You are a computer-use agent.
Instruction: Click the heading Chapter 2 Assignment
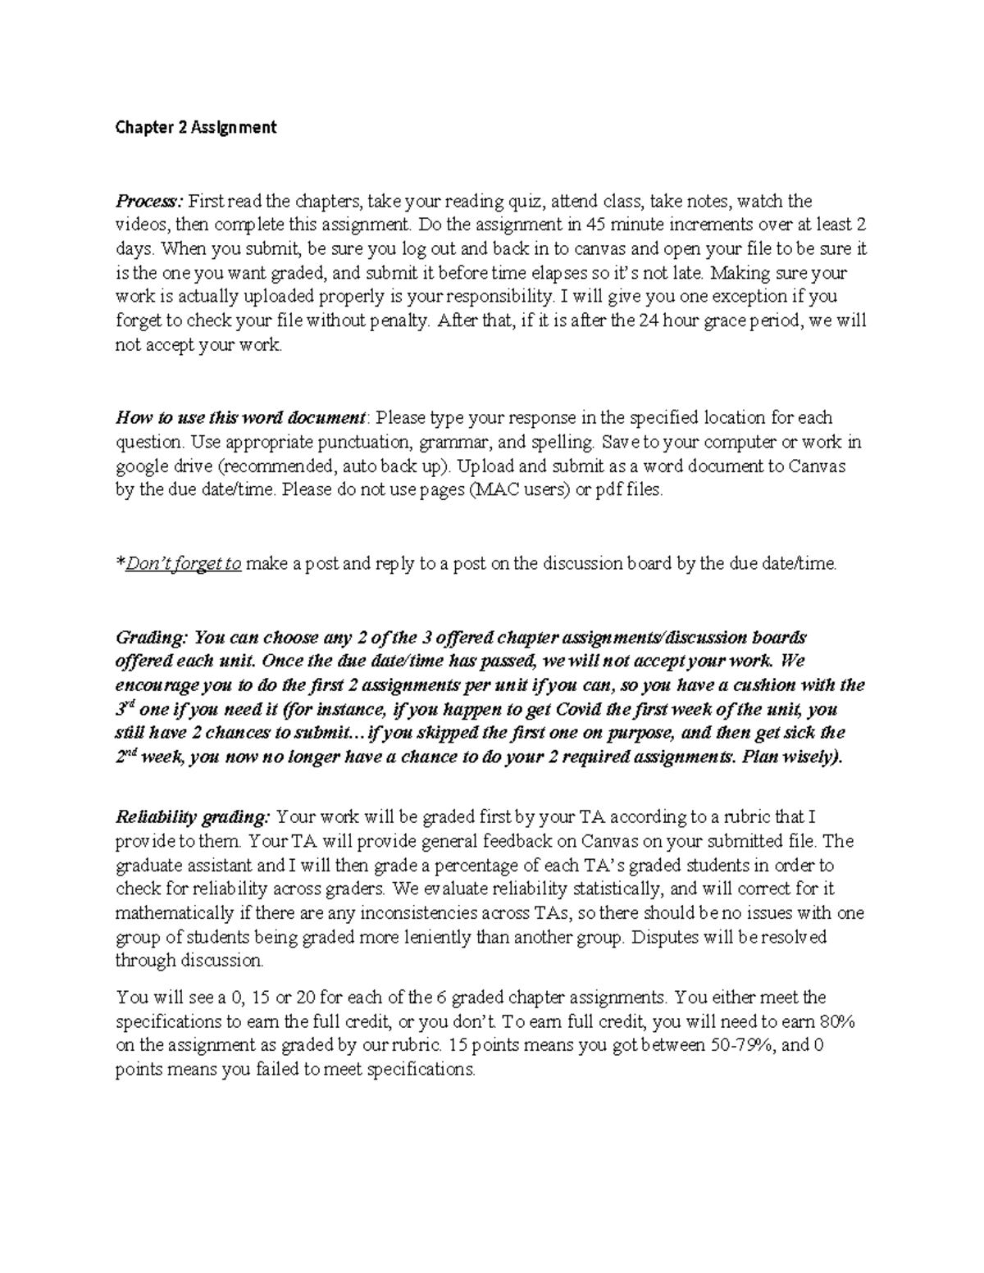pos(196,128)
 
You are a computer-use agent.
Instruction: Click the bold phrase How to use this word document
pos(240,418)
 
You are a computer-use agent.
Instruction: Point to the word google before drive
pos(139,466)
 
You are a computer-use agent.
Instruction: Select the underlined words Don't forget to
pos(183,564)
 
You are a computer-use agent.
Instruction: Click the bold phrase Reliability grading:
pos(192,817)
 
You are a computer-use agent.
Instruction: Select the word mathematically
pos(168,913)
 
